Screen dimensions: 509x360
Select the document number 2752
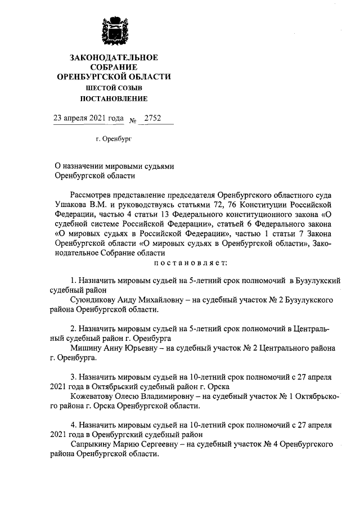point(152,119)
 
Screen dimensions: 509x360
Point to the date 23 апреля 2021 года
point(88,119)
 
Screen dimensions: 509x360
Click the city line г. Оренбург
point(114,138)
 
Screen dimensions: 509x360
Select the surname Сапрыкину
point(93,444)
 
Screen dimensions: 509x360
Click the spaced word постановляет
point(188,262)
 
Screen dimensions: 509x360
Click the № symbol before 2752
point(133,120)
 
